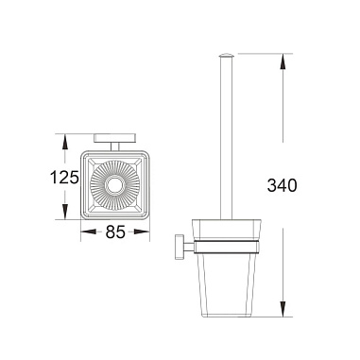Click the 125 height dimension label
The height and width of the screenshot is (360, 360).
tap(64, 177)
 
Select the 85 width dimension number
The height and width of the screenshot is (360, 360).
tap(115, 232)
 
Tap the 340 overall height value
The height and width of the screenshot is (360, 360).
tap(282, 185)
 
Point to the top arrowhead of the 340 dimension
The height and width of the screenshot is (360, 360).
tap(283, 61)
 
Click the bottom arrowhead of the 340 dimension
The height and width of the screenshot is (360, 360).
tap(283, 309)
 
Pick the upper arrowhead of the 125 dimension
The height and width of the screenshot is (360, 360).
tap(64, 142)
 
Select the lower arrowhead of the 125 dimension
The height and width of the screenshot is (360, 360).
tap(64, 212)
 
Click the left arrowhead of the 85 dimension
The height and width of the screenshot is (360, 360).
tap(89, 232)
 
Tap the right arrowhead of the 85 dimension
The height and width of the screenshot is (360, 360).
tap(142, 232)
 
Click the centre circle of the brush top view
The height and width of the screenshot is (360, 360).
tap(114, 185)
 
